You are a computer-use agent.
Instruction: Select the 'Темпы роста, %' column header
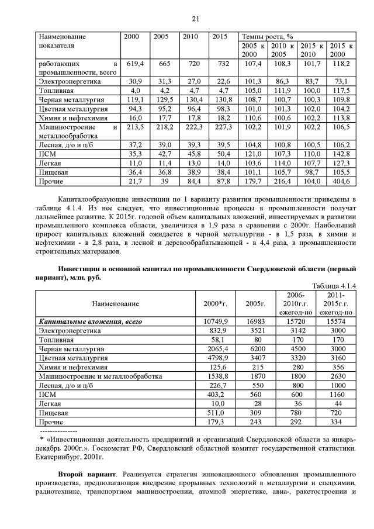point(268,36)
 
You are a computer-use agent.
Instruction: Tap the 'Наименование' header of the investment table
point(115,304)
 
